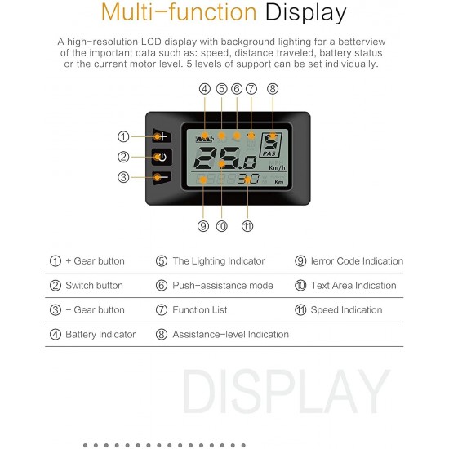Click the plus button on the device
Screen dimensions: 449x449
pyautogui.click(x=162, y=136)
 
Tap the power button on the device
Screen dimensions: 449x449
pyautogui.click(x=162, y=158)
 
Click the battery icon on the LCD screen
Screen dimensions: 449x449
pyautogui.click(x=205, y=139)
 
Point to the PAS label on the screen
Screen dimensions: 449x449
pyautogui.click(x=269, y=153)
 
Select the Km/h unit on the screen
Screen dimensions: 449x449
pyautogui.click(x=277, y=168)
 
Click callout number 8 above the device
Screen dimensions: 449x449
pyautogui.click(x=273, y=89)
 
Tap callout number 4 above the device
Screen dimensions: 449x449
pyautogui.click(x=204, y=89)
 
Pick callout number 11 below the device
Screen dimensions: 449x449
pyautogui.click(x=247, y=226)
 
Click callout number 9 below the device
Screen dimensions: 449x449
pyautogui.click(x=203, y=226)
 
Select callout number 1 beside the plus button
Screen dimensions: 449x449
pyautogui.click(x=123, y=136)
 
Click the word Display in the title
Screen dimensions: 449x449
pyautogui.click(x=305, y=13)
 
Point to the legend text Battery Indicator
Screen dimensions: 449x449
pyautogui.click(x=100, y=334)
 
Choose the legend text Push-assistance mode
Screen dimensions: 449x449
pyautogui.click(x=223, y=286)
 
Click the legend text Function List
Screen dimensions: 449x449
pyautogui.click(x=200, y=310)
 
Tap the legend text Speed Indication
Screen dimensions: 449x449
pyautogui.click(x=346, y=310)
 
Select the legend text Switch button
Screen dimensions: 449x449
pyautogui.click(x=94, y=286)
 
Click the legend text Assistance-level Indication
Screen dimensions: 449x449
pyautogui.click(x=230, y=334)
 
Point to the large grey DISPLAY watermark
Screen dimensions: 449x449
pyautogui.click(x=287, y=391)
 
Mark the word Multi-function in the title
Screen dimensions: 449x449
pyautogui.click(x=179, y=12)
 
